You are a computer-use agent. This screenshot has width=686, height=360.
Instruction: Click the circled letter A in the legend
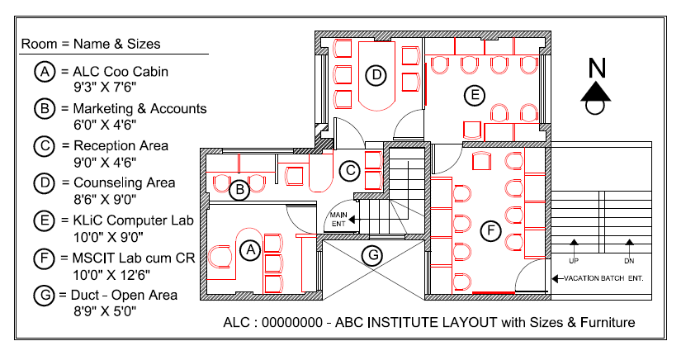44,72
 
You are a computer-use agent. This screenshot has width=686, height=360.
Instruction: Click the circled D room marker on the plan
376,76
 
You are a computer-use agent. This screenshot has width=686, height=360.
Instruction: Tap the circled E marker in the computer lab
473,96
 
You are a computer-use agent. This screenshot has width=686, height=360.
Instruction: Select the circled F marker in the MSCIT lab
490,230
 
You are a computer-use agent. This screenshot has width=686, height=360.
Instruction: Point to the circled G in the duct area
374,255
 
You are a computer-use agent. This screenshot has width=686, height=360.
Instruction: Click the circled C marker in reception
349,171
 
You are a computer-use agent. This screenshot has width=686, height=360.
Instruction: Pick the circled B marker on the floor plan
239,191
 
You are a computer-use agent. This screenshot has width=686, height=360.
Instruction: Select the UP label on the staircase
574,260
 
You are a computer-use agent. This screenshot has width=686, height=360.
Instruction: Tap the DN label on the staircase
629,260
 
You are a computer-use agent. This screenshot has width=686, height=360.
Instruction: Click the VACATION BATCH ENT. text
603,279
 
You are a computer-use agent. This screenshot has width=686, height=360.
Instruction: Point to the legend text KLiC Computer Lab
132,220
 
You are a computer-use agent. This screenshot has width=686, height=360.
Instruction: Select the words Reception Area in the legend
121,146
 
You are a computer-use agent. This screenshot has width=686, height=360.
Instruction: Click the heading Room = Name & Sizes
91,43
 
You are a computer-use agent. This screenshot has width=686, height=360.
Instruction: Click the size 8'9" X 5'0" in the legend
104,310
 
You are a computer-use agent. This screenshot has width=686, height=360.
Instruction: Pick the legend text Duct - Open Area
125,295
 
